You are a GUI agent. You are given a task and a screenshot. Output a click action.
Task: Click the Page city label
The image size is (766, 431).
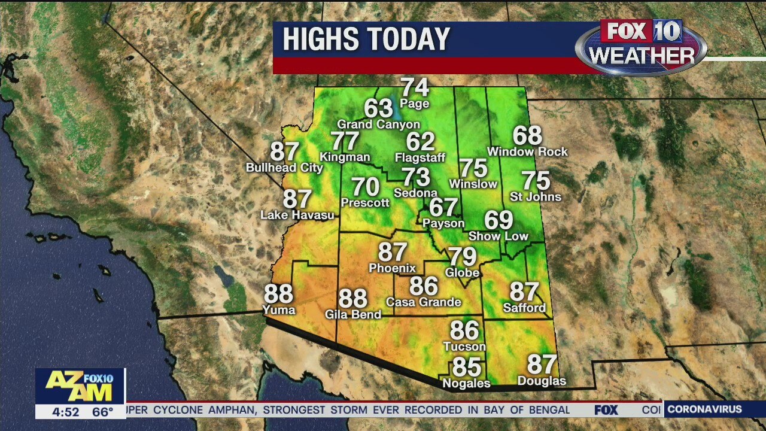tap(415, 104)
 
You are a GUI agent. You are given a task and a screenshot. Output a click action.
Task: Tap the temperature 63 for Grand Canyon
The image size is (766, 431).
tap(378, 108)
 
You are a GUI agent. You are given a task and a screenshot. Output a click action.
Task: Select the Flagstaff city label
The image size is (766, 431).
tap(420, 158)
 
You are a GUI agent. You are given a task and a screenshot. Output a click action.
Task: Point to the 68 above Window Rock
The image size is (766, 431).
tap(527, 136)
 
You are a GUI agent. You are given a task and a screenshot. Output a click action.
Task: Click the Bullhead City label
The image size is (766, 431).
tap(284, 168)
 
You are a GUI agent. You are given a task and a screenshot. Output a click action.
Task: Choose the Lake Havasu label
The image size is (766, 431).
tap(297, 215)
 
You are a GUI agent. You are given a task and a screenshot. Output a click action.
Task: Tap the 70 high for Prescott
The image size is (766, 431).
tap(365, 187)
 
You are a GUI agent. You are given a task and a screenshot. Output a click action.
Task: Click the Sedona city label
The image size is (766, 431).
tap(415, 193)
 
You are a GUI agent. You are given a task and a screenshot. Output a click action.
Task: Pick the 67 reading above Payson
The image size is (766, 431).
tap(443, 207)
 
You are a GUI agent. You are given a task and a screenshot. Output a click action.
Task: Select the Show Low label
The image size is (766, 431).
tap(498, 236)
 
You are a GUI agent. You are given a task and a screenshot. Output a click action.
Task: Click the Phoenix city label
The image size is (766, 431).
tap(392, 268)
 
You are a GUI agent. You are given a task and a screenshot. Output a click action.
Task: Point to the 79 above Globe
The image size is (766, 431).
tap(463, 257)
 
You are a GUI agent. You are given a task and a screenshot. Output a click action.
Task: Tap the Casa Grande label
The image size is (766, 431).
tap(423, 302)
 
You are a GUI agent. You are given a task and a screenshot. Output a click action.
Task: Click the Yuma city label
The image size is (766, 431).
tap(279, 310)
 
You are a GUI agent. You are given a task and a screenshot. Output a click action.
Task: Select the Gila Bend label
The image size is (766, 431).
tap(352, 314)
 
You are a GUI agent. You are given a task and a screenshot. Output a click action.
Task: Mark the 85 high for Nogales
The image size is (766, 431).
tap(467, 367)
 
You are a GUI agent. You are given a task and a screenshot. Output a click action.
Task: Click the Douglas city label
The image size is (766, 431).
tap(542, 381)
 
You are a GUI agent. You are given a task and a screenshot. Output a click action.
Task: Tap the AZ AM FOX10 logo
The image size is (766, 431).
tap(80, 386)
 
